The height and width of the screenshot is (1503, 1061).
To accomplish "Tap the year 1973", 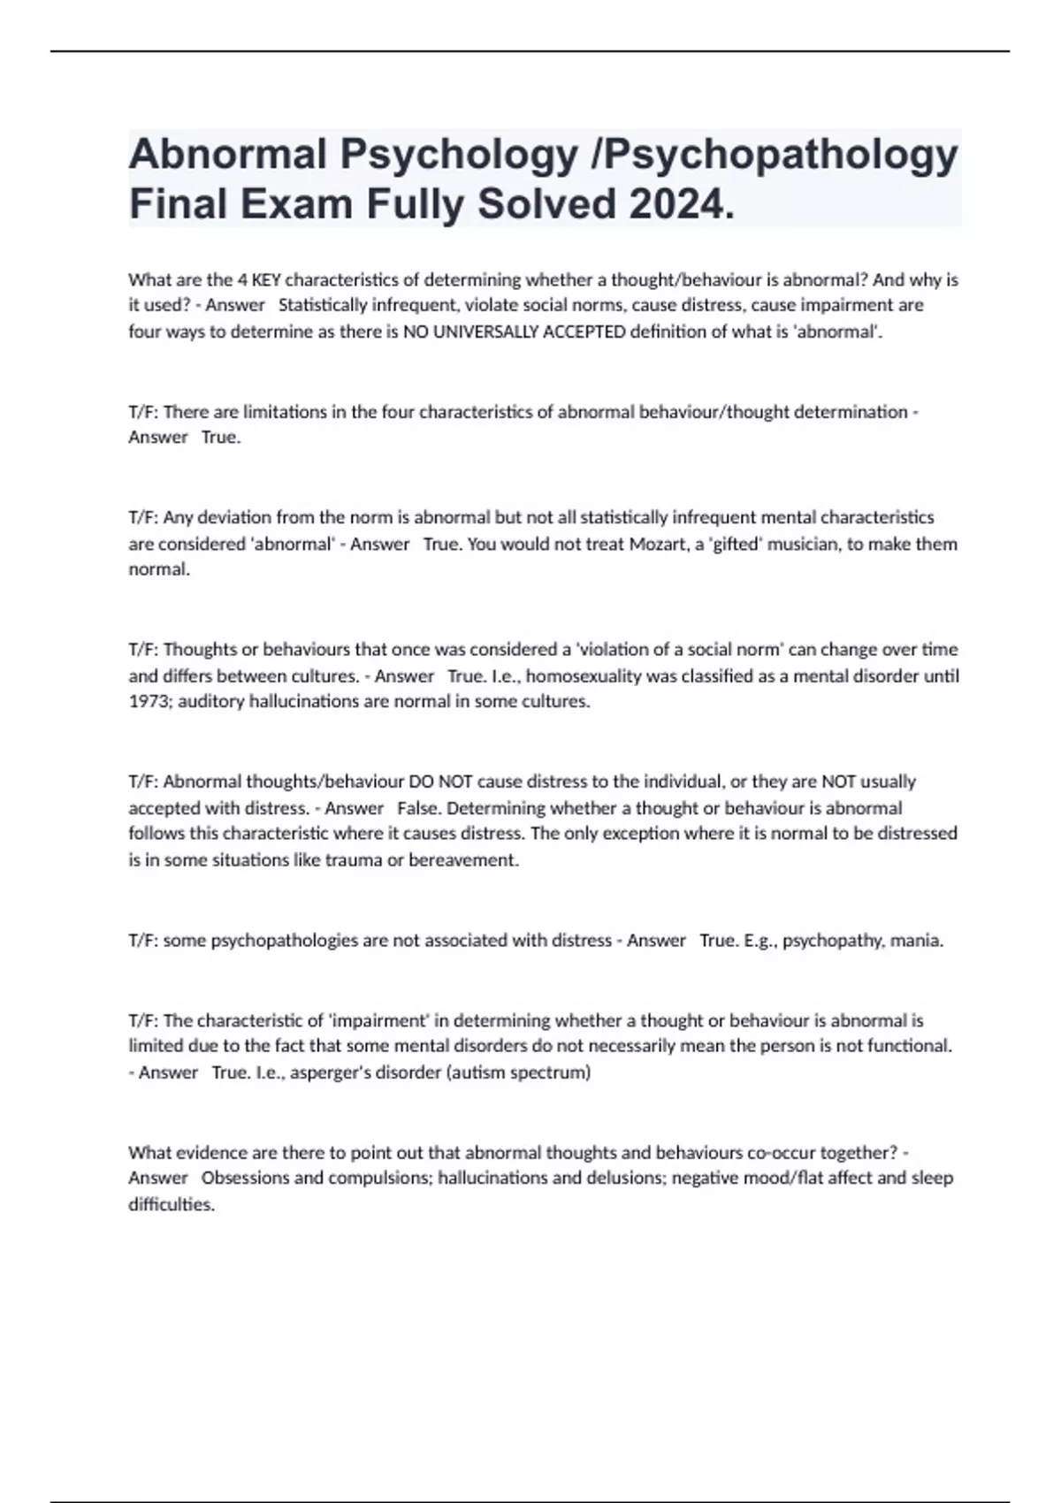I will coord(148,702).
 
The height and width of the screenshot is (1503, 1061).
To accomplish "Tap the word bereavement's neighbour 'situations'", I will coord(254,859).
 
